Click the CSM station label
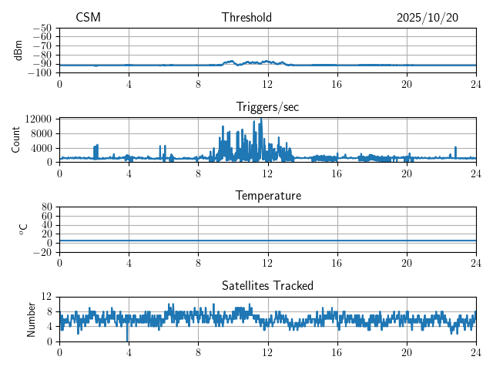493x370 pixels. pyautogui.click(x=88, y=18)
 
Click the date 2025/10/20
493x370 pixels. pyautogui.click(x=428, y=18)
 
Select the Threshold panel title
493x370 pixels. pyautogui.click(x=246, y=18)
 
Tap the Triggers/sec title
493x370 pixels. pyautogui.click(x=267, y=107)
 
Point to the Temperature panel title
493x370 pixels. pyautogui.click(x=267, y=196)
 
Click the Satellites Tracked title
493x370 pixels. pyautogui.click(x=267, y=286)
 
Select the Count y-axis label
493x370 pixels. pyautogui.click(x=16, y=140)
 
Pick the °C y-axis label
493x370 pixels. pyautogui.click(x=24, y=229)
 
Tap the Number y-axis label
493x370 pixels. pyautogui.click(x=32, y=319)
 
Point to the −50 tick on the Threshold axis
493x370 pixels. pyautogui.click(x=42, y=27)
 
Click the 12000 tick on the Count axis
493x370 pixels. pyautogui.click(x=38, y=119)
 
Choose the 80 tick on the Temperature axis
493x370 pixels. pyautogui.click(x=46, y=207)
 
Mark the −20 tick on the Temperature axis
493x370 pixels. pyautogui.click(x=42, y=252)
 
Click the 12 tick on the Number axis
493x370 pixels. pyautogui.click(x=46, y=297)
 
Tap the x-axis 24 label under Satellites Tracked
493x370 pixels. pyautogui.click(x=475, y=352)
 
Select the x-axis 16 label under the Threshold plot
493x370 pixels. pyautogui.click(x=337, y=83)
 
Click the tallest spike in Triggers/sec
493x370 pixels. pyautogui.click(x=262, y=120)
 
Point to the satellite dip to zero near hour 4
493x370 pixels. pyautogui.click(x=128, y=339)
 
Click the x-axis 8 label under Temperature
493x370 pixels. pyautogui.click(x=198, y=263)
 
